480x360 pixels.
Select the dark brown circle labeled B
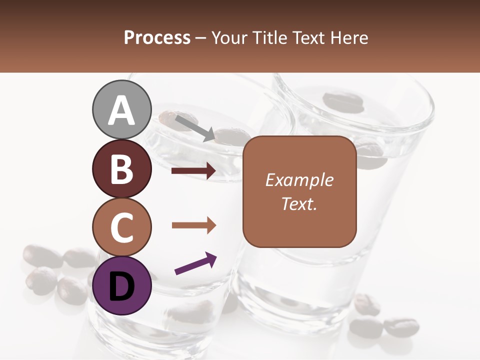(122, 169)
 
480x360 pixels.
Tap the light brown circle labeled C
(122, 227)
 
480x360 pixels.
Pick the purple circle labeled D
(122, 286)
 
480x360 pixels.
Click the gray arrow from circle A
(194, 127)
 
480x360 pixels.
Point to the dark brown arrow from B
(193, 171)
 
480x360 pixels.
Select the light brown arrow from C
(193, 225)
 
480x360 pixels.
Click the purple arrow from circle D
(195, 263)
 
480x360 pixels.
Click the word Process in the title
(157, 37)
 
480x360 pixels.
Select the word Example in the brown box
(299, 180)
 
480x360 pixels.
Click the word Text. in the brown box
(299, 203)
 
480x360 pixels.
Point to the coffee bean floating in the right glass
(340, 101)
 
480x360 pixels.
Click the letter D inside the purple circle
(122, 286)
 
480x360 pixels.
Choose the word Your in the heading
(229, 37)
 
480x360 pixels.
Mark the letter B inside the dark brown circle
(122, 169)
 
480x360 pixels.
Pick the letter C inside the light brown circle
(122, 227)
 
